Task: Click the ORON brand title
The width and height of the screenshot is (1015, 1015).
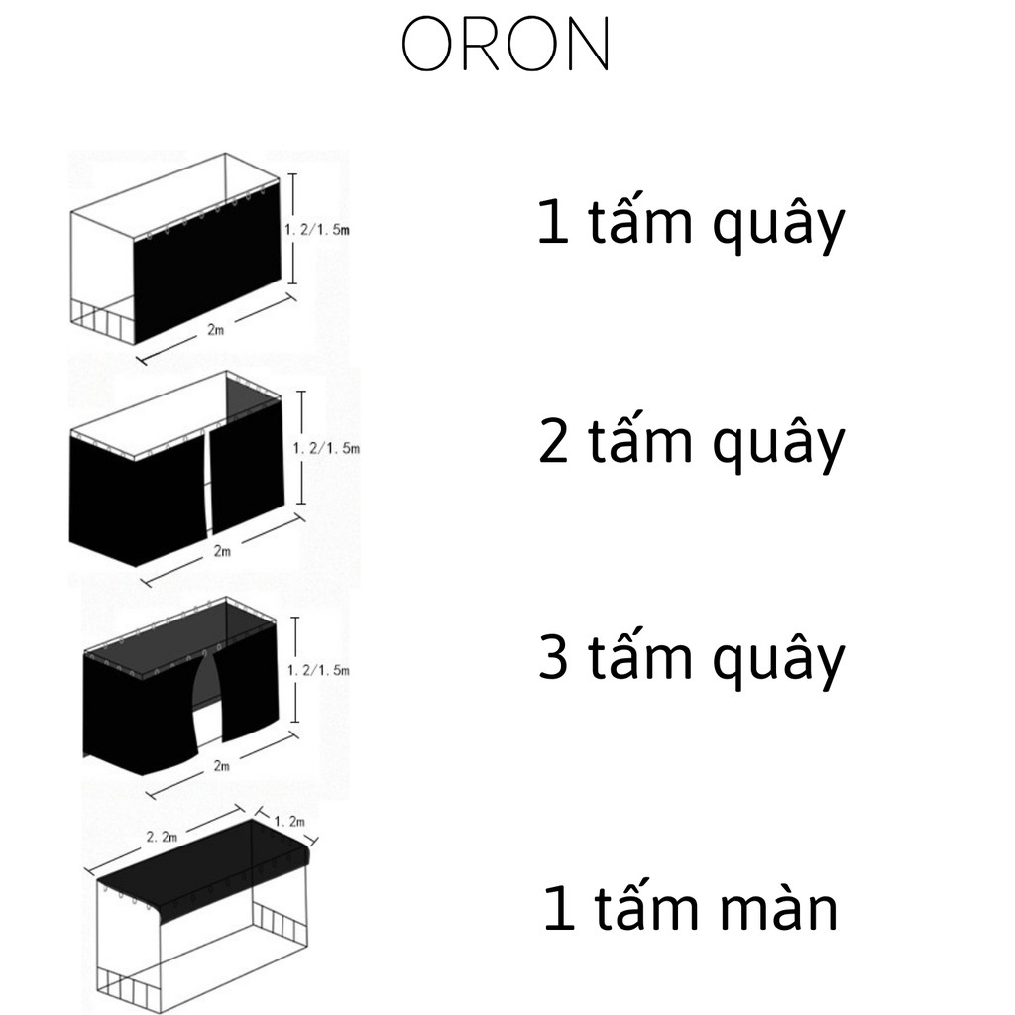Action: (x=505, y=45)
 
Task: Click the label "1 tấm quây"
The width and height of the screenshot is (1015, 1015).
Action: (x=691, y=224)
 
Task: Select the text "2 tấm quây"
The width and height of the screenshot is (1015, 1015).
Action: (x=691, y=442)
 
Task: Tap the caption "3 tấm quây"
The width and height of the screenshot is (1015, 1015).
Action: (x=691, y=659)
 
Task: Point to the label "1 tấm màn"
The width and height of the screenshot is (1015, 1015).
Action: (x=691, y=909)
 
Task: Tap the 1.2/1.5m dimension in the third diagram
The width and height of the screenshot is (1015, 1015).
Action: (x=318, y=671)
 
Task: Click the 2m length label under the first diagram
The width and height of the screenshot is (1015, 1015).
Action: (x=216, y=331)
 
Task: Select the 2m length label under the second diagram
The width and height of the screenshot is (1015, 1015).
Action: (x=222, y=551)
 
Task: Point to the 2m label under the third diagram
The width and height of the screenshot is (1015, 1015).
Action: (x=221, y=765)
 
